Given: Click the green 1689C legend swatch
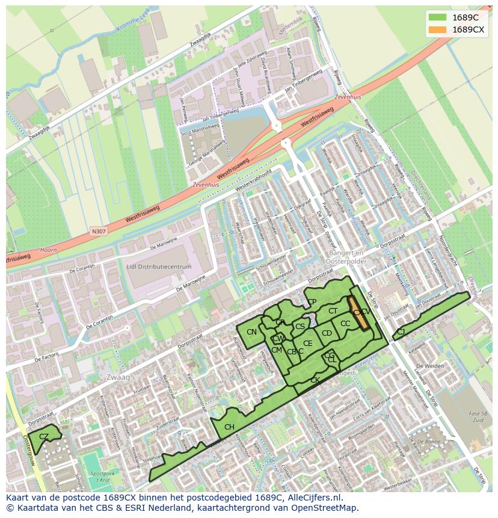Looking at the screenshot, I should (437, 17).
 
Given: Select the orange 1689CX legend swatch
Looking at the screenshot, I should (437, 29).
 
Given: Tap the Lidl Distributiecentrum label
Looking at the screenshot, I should (159, 267).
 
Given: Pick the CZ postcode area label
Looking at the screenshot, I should (43, 436).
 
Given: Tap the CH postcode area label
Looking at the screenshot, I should (229, 427).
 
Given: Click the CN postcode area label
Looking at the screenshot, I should (251, 332).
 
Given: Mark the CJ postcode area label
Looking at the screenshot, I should (401, 331).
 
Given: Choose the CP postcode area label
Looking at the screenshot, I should (312, 302).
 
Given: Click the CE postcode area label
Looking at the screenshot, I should (307, 344).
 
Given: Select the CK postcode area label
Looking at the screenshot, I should (315, 380).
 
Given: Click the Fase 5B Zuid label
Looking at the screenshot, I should (479, 416).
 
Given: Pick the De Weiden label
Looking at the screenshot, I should (430, 366).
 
